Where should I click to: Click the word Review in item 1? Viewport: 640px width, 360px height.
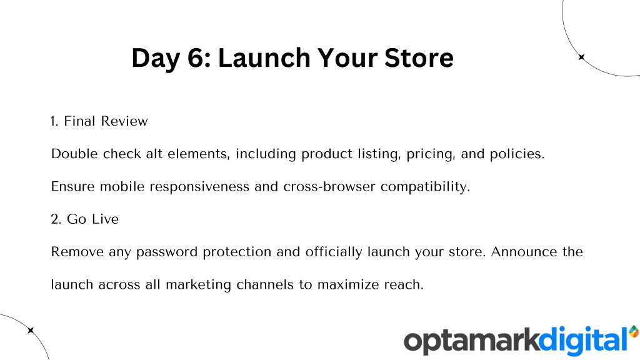tap(124, 121)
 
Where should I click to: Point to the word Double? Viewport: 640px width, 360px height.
tap(74, 154)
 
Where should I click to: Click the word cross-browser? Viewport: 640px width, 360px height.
tap(329, 186)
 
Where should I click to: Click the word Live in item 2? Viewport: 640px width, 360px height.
tap(105, 219)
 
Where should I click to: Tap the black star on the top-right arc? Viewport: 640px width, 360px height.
tap(582, 57)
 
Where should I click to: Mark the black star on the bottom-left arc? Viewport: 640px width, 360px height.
tap(31, 330)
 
